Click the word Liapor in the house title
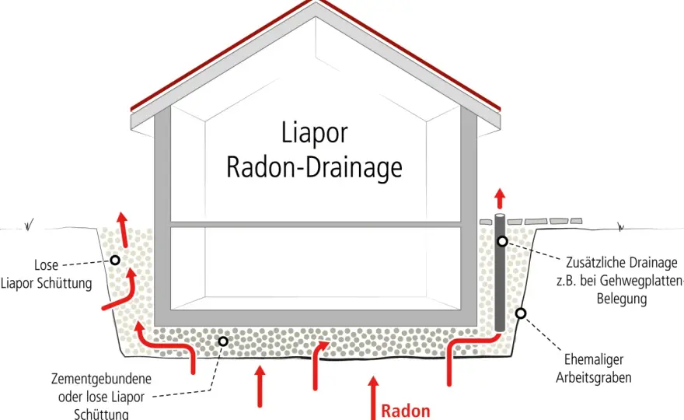click(x=314, y=133)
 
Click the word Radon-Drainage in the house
click(x=314, y=167)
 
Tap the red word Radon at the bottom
click(x=406, y=411)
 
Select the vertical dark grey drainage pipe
click(x=500, y=273)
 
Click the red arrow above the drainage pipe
click(x=500, y=198)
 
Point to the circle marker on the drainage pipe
click(x=503, y=241)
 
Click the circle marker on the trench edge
click(x=521, y=313)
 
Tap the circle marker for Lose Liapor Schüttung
click(x=115, y=261)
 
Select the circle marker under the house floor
click(x=223, y=341)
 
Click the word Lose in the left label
click(x=46, y=265)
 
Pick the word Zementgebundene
click(x=101, y=379)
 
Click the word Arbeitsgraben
click(x=593, y=378)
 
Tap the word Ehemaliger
click(x=593, y=360)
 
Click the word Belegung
click(x=622, y=299)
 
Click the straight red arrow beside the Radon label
click(x=373, y=398)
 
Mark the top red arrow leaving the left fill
click(x=124, y=229)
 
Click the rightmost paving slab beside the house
click(x=576, y=221)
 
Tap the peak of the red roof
click(x=316, y=1)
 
